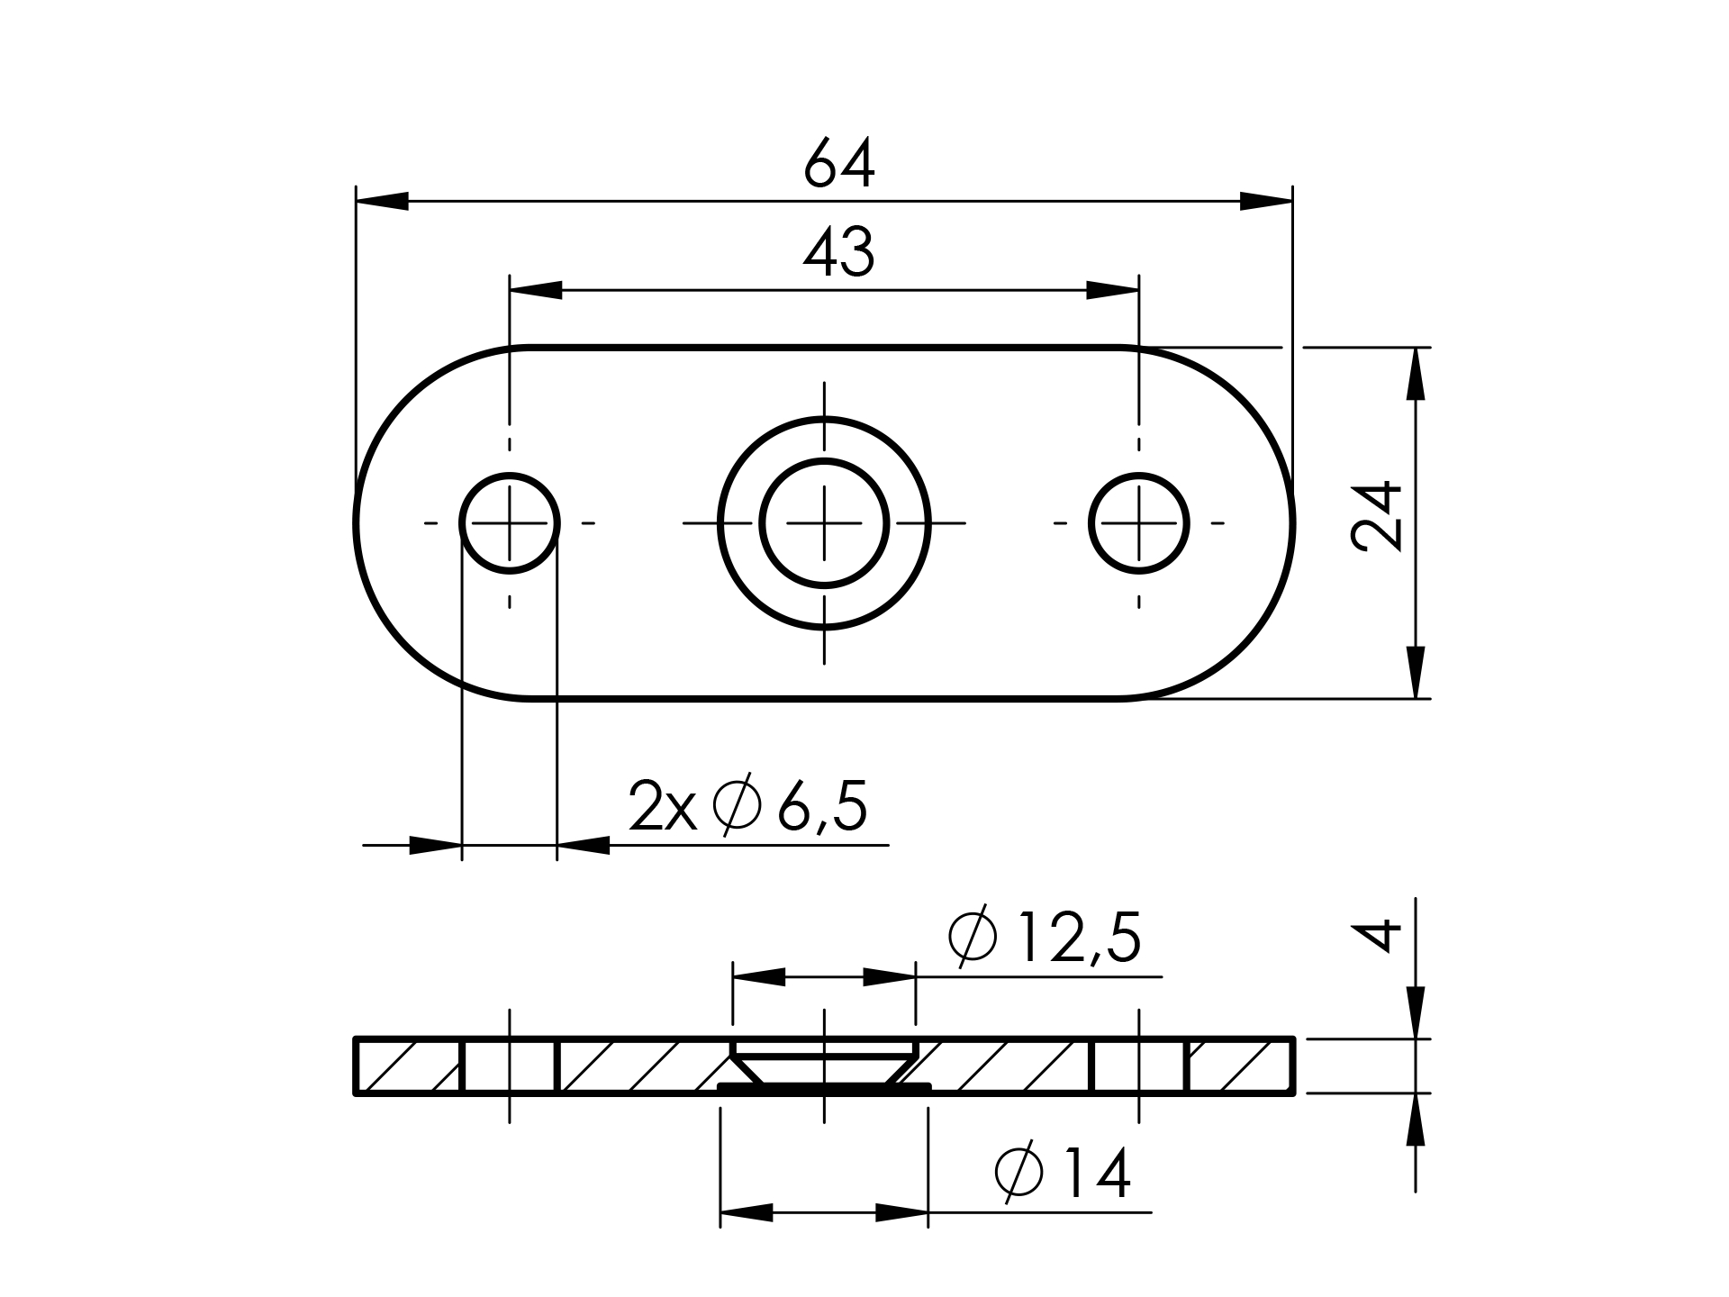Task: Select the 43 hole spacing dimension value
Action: click(838, 253)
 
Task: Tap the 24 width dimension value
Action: click(1377, 516)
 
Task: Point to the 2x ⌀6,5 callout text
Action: click(748, 807)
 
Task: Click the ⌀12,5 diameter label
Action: click(1045, 938)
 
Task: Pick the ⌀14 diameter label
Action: click(1063, 1174)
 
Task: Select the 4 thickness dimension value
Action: click(1377, 935)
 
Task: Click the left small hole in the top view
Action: click(510, 523)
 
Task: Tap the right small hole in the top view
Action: click(1139, 523)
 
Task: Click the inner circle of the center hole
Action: click(824, 523)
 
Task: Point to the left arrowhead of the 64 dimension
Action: click(383, 202)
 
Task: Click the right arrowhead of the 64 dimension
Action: click(1266, 202)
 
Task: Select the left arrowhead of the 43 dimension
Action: click(536, 291)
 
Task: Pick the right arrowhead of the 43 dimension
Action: click(1113, 291)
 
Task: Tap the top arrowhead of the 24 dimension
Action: click(1417, 373)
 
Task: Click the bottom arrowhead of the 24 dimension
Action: click(1417, 672)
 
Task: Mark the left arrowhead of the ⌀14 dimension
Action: click(747, 1212)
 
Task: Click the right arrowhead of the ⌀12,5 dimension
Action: click(890, 977)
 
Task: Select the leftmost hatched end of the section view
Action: click(410, 1066)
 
